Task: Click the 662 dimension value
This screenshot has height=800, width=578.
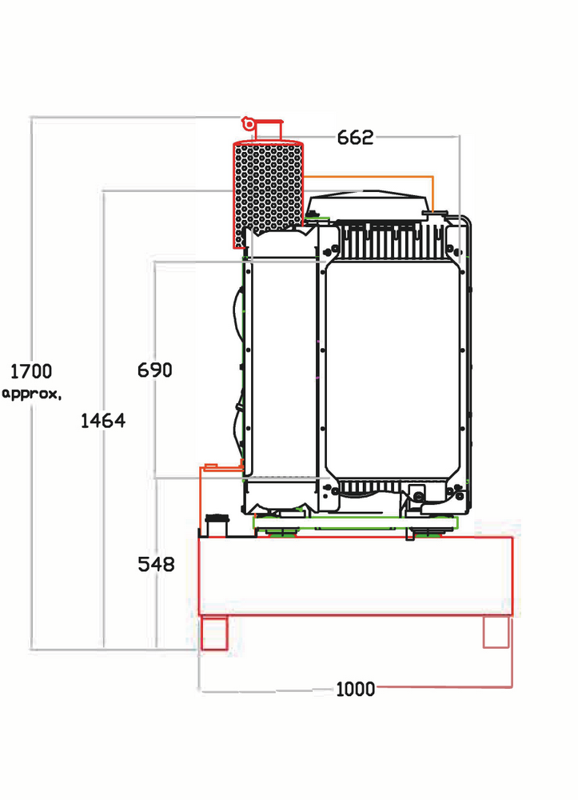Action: pos(355,138)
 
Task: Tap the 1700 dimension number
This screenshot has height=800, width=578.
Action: pos(31,371)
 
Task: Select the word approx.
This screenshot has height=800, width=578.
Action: pos(32,394)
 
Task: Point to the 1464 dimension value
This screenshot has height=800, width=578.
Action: pos(103,421)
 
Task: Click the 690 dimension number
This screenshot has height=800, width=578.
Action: pos(155,370)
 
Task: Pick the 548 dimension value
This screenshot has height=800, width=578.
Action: pos(157,564)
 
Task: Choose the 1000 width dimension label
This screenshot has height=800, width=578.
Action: pos(355,690)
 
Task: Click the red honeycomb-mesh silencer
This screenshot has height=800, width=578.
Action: pos(269,194)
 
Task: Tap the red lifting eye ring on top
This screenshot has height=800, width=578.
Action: pos(248,123)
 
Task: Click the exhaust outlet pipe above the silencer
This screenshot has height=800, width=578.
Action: pos(268,130)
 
